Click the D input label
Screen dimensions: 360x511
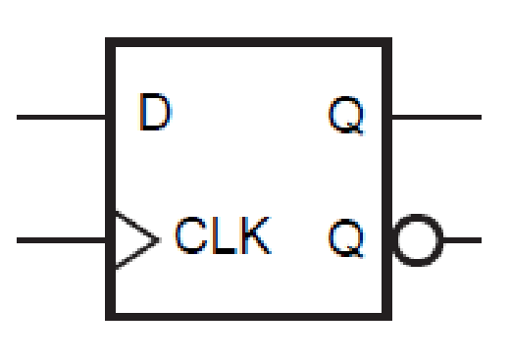click(x=154, y=115)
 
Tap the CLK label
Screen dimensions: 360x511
click(x=222, y=238)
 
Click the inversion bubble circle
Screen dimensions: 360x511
click(x=418, y=239)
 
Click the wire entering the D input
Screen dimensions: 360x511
click(x=61, y=117)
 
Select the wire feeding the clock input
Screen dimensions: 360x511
click(x=61, y=239)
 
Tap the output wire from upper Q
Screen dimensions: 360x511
click(x=436, y=117)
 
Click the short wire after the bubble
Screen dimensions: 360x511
click(x=462, y=239)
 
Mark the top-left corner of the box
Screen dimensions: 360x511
click(x=109, y=42)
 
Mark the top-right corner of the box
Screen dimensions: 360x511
click(x=387, y=42)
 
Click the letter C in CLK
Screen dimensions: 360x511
click(x=190, y=238)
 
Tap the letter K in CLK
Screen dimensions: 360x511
click(x=254, y=238)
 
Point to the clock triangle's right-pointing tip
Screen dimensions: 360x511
click(x=157, y=239)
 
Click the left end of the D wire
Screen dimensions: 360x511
click(x=20, y=117)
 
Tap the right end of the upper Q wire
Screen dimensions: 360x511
click(x=480, y=117)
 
